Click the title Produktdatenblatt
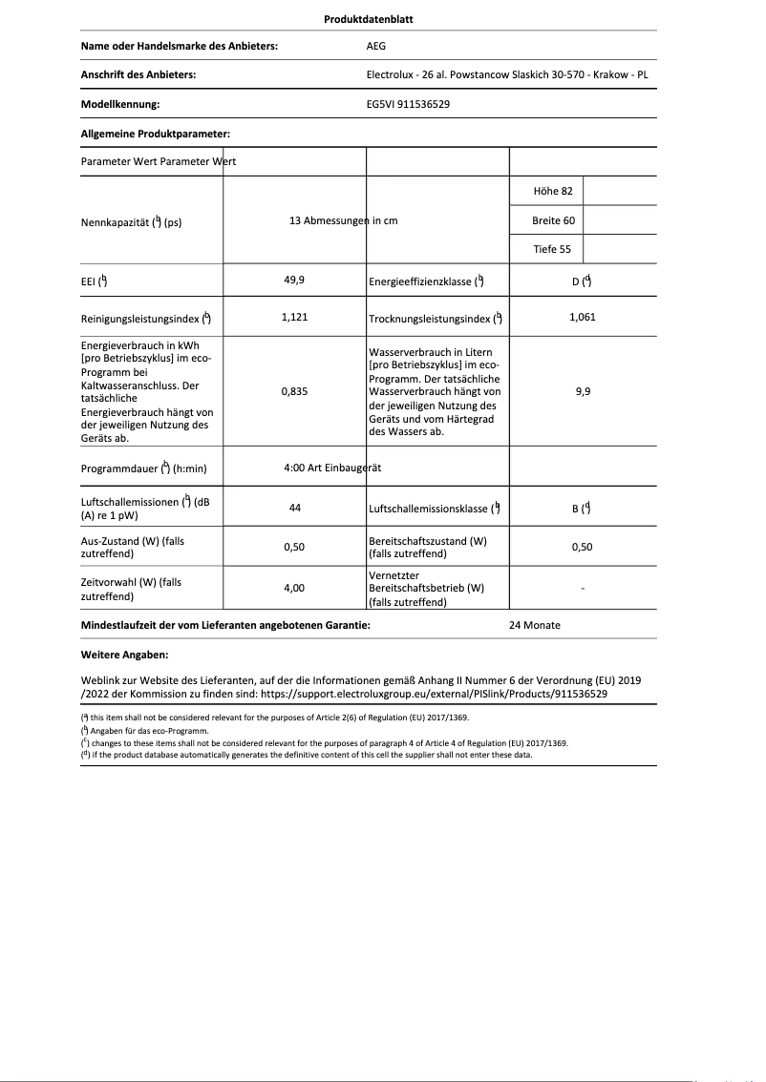[x=369, y=19]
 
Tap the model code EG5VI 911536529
[x=408, y=104]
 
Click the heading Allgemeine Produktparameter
[x=156, y=134]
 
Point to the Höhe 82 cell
[x=552, y=191]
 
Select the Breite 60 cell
[x=553, y=220]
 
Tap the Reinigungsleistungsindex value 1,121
[x=294, y=317]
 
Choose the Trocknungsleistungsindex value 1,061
[x=582, y=317]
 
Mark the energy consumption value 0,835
[x=294, y=391]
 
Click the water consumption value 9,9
[x=582, y=391]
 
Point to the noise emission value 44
[x=294, y=509]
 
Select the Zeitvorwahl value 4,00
[x=294, y=589]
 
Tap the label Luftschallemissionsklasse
[x=429, y=510]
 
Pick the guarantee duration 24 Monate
[x=535, y=625]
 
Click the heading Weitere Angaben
[x=125, y=655]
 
